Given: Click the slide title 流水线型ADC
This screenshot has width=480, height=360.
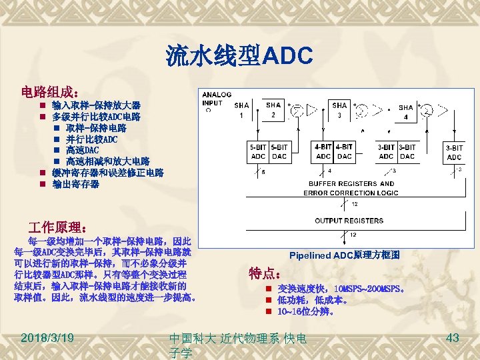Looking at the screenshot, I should pos(239,55).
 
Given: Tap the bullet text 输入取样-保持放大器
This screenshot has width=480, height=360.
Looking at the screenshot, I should pos(96,106).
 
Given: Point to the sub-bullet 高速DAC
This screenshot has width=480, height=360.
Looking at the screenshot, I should pos(82,150).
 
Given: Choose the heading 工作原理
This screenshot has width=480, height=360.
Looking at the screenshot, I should pos(61,227).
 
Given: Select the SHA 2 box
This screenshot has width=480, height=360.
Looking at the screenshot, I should pos(273,111).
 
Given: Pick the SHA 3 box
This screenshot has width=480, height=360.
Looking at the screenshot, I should pos(339,111).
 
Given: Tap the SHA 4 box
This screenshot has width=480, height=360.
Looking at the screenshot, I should pos(405,112).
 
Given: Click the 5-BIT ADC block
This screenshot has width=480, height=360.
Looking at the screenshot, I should pos(257,152).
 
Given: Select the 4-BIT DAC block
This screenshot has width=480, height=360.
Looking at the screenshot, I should pos(345,152).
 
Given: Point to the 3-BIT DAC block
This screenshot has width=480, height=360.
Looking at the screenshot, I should pos(406,152).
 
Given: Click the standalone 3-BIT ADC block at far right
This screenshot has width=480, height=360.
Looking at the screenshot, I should pos(453,153).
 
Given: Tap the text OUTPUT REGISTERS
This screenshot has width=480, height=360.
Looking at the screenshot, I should pos(349,220).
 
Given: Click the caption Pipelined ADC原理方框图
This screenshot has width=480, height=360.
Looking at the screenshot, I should pos(345,255).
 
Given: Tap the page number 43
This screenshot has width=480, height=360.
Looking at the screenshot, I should pos(453,338).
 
